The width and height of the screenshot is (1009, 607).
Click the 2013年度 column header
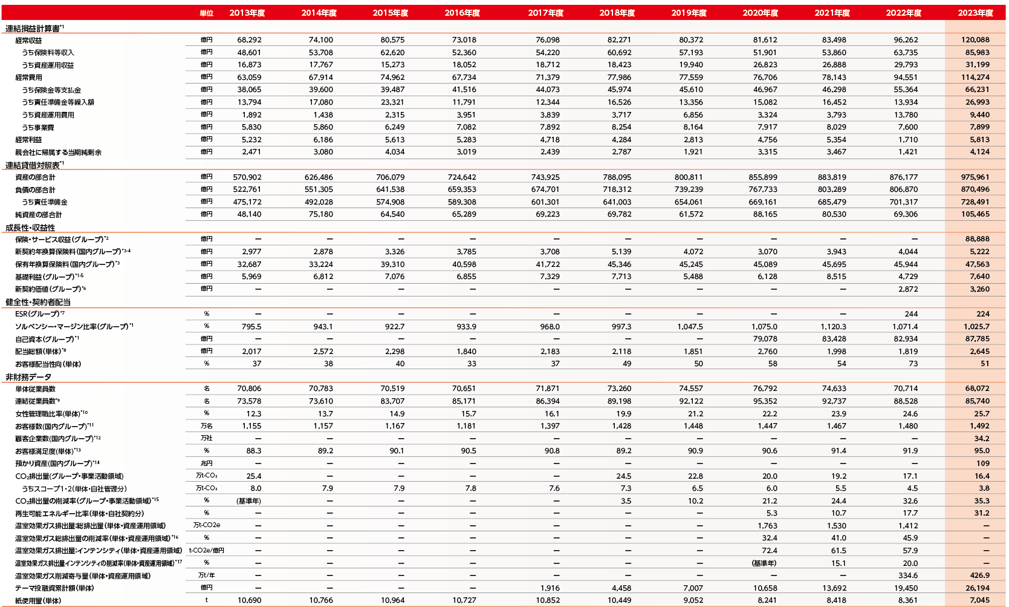[247, 13]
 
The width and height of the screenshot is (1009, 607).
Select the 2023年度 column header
[975, 13]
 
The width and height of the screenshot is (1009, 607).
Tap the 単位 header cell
[206, 13]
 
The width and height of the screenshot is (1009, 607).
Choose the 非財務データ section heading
[28, 376]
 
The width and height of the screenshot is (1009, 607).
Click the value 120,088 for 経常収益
[975, 40]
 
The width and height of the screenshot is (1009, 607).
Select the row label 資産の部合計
[35, 177]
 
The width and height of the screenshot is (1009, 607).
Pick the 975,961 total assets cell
[975, 177]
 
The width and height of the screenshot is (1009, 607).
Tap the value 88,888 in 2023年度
[977, 239]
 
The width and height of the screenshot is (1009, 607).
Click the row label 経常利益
[28, 140]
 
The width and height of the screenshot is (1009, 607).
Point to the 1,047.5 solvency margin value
[690, 327]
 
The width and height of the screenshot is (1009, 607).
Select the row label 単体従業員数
[35, 389]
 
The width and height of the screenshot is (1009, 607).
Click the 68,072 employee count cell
[977, 389]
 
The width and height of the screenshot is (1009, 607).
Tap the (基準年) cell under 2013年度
[248, 501]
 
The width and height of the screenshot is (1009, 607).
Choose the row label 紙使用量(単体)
[38, 601]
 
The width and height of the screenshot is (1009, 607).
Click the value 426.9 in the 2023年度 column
[979, 576]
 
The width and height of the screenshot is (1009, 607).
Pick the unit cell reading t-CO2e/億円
[206, 551]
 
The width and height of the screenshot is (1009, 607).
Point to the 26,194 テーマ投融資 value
[977, 588]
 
